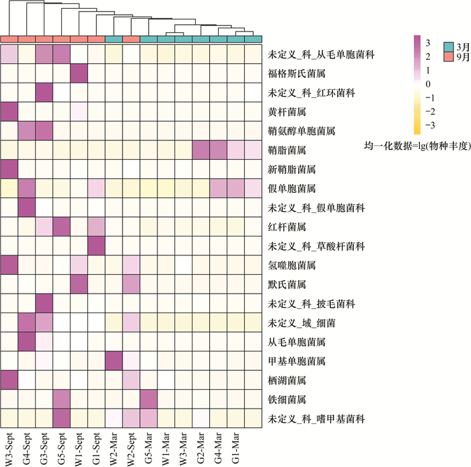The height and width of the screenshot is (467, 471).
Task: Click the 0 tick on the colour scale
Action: point(427,84)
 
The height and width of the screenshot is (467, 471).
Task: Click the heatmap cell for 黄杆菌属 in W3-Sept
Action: point(10,110)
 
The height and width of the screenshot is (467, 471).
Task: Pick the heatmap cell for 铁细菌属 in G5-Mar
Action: point(149,400)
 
